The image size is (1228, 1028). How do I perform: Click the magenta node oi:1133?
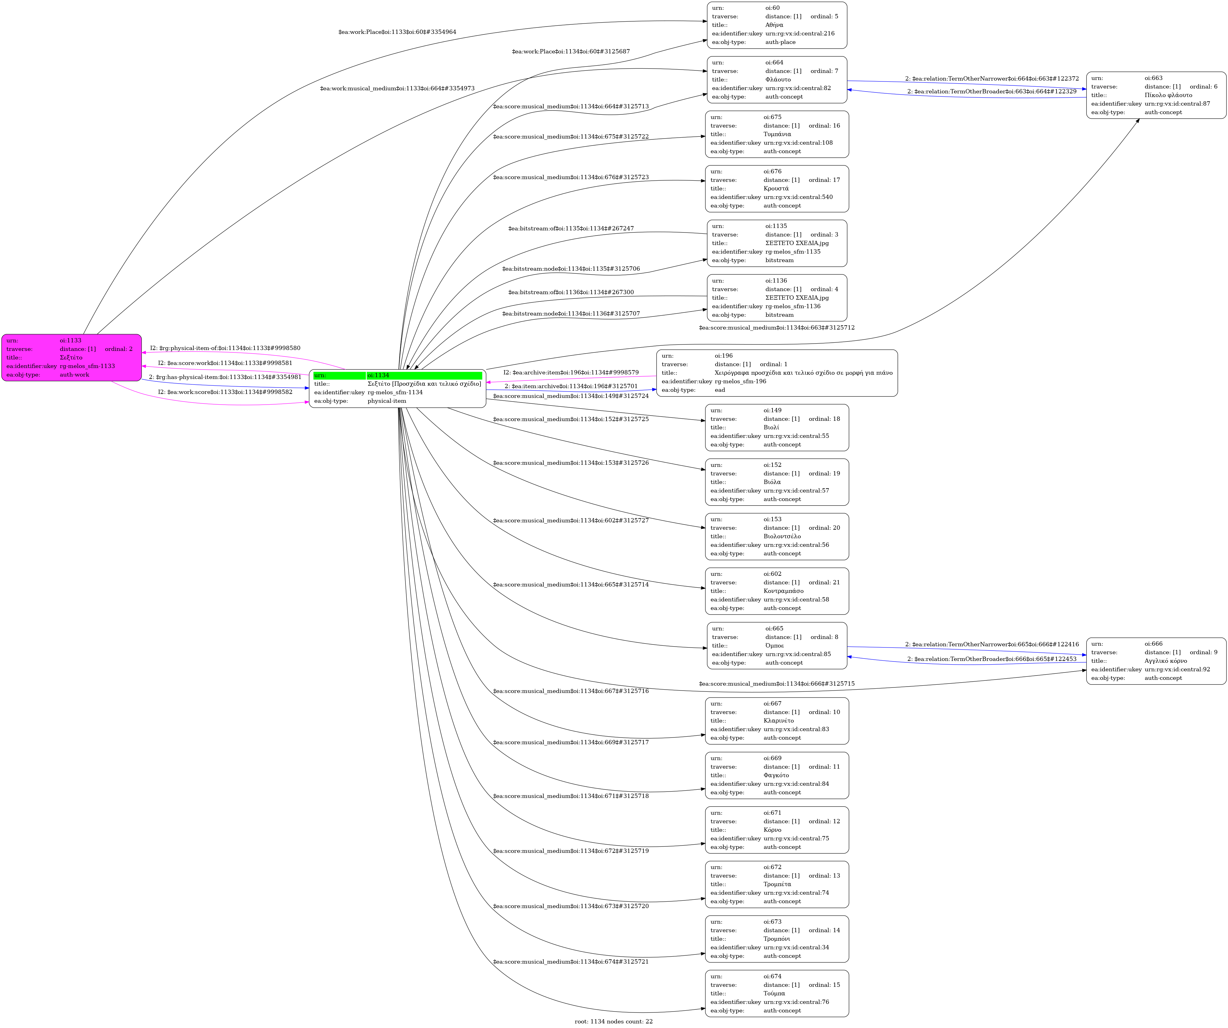click(x=71, y=357)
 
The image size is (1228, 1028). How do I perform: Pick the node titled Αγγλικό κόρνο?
click(x=1155, y=661)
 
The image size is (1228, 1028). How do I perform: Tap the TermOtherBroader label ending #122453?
click(x=992, y=659)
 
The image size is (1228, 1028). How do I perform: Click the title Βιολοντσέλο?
click(x=782, y=536)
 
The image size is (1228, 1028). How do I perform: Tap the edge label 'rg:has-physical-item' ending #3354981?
click(x=225, y=377)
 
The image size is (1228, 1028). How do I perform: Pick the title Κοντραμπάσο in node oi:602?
click(x=783, y=591)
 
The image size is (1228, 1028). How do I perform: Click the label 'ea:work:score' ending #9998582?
click(x=225, y=392)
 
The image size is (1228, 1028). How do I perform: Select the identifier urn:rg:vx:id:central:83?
click(x=796, y=729)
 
